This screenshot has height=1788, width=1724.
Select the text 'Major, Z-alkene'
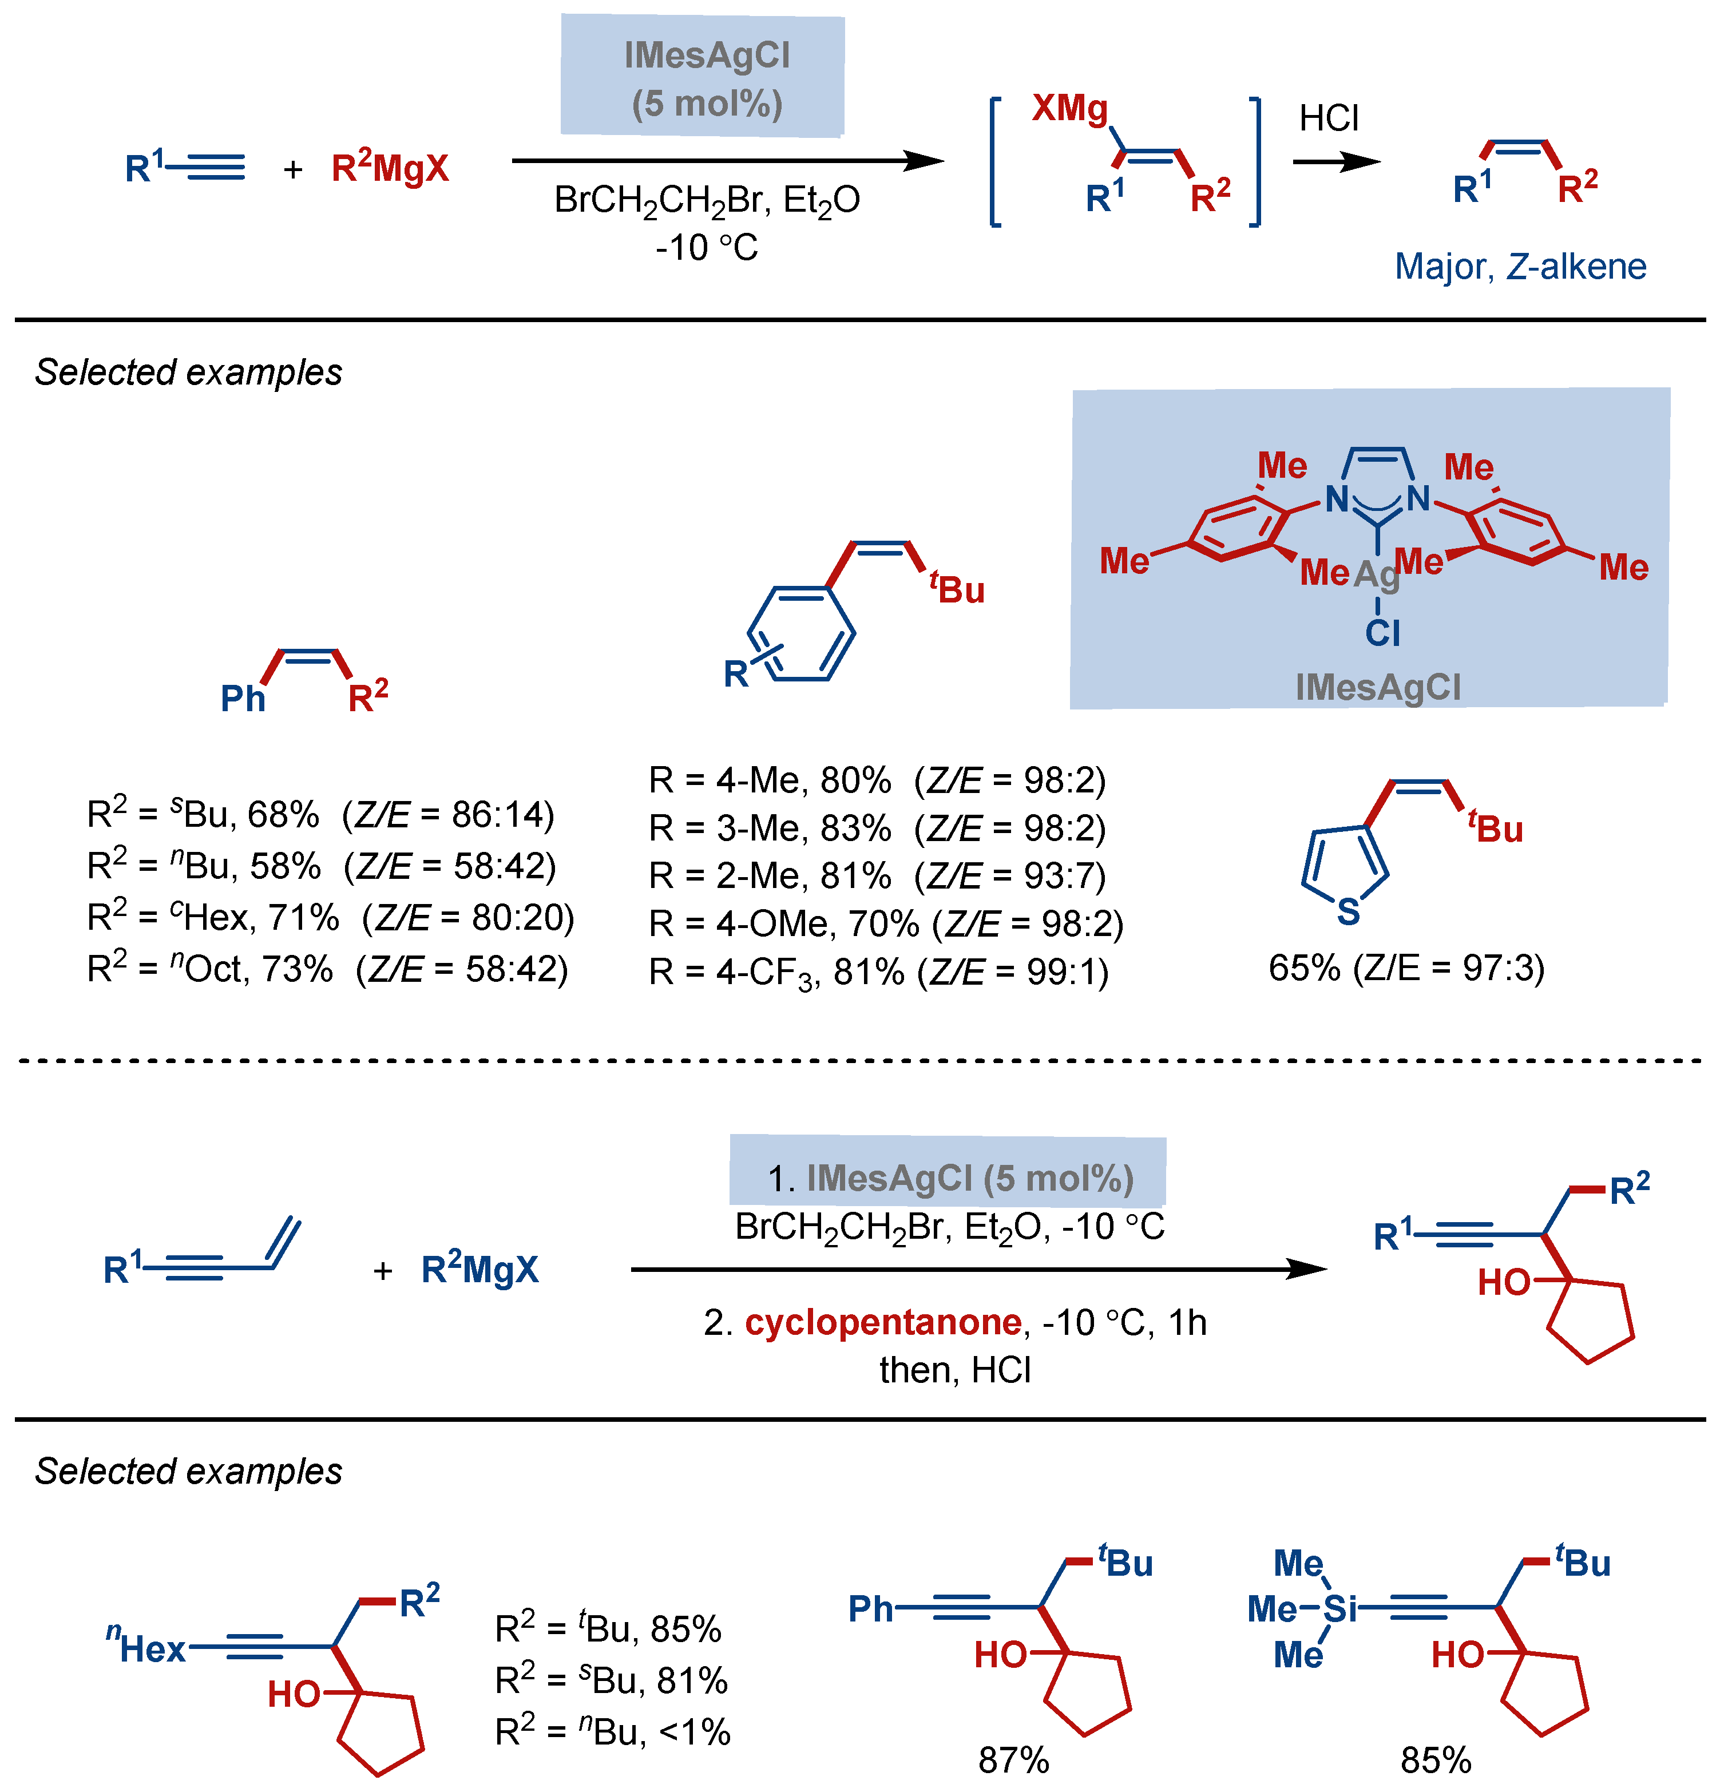(1520, 267)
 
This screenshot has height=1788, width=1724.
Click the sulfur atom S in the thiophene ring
(1348, 910)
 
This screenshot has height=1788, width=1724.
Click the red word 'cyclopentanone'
(882, 1322)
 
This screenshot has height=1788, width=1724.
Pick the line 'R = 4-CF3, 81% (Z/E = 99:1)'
(878, 973)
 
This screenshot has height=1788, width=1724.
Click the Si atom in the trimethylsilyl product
(1340, 1608)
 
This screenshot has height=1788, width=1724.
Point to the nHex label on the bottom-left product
(146, 1647)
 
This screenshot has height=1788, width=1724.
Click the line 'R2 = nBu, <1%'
(612, 1731)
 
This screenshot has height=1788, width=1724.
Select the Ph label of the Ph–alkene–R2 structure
(243, 699)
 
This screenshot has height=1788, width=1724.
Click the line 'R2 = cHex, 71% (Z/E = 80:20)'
(330, 917)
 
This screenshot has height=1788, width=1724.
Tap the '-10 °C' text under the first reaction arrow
(707, 248)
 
